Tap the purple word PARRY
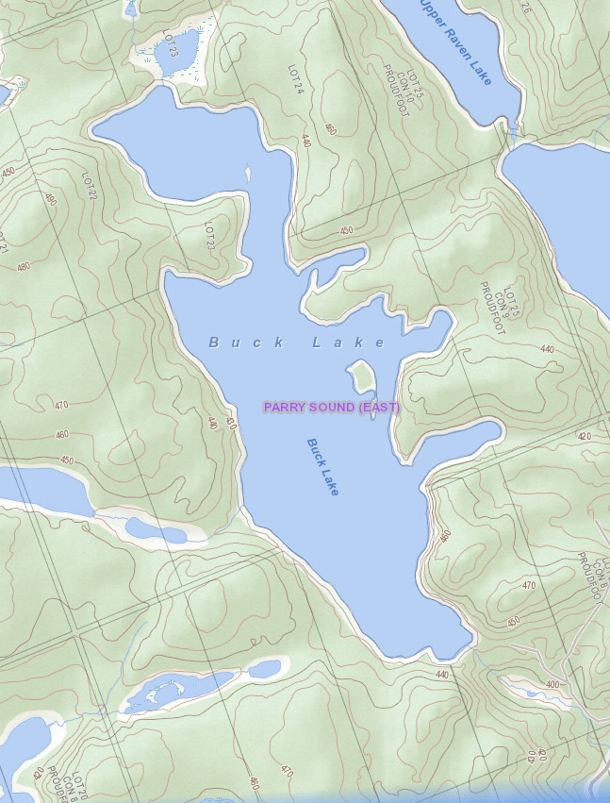(x=283, y=408)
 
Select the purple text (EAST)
(x=379, y=408)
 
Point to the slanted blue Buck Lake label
(x=322, y=467)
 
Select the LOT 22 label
(x=90, y=185)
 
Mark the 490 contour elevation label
(x=51, y=199)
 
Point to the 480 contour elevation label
(x=24, y=265)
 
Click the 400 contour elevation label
(x=552, y=684)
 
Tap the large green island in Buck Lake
(x=360, y=377)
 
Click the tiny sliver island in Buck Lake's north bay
(x=248, y=174)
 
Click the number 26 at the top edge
(x=525, y=8)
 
